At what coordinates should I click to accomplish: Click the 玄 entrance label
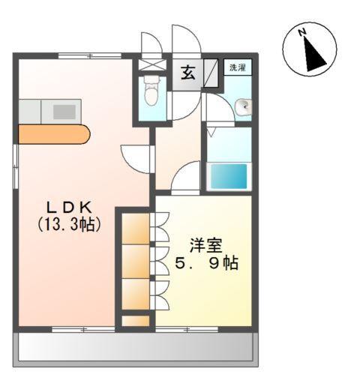tap(187, 73)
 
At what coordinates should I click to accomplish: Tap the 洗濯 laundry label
tap(236, 67)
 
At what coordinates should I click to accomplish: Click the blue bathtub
tap(228, 177)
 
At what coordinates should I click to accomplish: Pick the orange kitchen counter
tap(52, 134)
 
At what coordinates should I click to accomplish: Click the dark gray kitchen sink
tap(64, 112)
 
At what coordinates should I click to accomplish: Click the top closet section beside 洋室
tap(136, 229)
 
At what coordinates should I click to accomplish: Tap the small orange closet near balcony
tap(136, 322)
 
